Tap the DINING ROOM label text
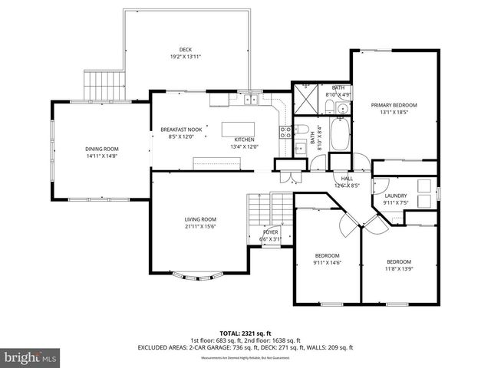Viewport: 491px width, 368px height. pos(101,149)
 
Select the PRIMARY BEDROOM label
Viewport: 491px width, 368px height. pos(394,105)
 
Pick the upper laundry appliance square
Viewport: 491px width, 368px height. pos(423,186)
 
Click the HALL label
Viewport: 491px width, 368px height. pos(347,178)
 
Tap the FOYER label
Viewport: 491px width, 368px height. pos(270,231)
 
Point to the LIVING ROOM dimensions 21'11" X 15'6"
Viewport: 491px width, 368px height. pos(199,227)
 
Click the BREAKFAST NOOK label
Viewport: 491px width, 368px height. pos(181,129)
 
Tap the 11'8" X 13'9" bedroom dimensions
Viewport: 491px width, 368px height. pos(398,269)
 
